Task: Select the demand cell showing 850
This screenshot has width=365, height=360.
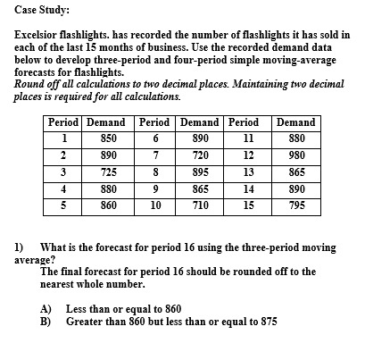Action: (x=110, y=138)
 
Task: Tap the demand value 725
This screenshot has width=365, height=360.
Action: (x=110, y=171)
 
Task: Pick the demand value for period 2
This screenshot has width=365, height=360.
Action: (x=110, y=155)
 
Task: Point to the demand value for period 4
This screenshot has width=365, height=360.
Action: (x=110, y=188)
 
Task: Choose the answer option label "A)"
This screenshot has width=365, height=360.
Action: (x=47, y=308)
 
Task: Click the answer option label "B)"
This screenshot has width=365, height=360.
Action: (x=47, y=320)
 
